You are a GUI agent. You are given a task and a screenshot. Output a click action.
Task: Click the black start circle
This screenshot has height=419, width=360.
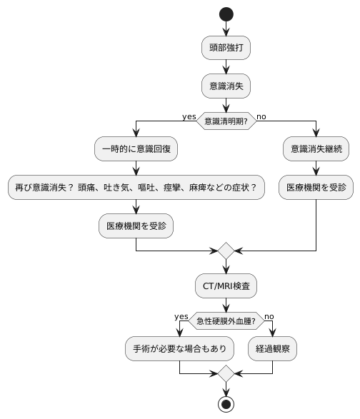tap(226, 14)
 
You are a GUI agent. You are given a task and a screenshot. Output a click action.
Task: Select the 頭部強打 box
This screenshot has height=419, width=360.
tap(226, 49)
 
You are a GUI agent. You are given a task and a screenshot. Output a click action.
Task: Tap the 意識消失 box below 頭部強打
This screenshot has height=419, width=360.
tap(226, 86)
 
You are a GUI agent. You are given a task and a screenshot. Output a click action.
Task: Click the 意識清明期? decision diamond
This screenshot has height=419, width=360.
tap(226, 121)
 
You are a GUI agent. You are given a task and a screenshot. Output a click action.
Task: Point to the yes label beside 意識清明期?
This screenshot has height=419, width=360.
tap(189, 116)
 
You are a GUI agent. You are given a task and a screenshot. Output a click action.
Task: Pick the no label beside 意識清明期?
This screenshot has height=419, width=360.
tap(261, 116)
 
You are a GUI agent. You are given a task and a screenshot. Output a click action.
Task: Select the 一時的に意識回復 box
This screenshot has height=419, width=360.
tap(136, 150)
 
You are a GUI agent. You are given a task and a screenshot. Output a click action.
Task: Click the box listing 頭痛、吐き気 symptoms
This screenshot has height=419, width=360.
tap(136, 187)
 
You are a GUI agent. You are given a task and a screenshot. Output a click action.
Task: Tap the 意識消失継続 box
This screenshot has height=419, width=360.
tap(316, 150)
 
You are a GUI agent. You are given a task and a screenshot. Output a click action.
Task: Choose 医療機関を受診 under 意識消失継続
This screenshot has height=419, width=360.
tap(316, 187)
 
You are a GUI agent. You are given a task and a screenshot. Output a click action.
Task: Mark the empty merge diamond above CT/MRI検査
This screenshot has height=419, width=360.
tap(226, 251)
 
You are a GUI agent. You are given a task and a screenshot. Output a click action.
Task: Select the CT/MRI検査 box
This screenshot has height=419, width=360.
tap(226, 286)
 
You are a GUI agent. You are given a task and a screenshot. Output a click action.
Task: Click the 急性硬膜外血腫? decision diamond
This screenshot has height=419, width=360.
tap(226, 321)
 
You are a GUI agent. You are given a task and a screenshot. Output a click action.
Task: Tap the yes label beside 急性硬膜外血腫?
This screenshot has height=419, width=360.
tap(180, 316)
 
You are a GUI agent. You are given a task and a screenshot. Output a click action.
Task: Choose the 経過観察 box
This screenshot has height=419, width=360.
tap(273, 350)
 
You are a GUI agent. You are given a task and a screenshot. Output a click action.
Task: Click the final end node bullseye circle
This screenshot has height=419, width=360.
tap(226, 404)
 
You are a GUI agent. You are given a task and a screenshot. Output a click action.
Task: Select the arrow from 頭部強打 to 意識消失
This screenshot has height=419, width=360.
tap(226, 67)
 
